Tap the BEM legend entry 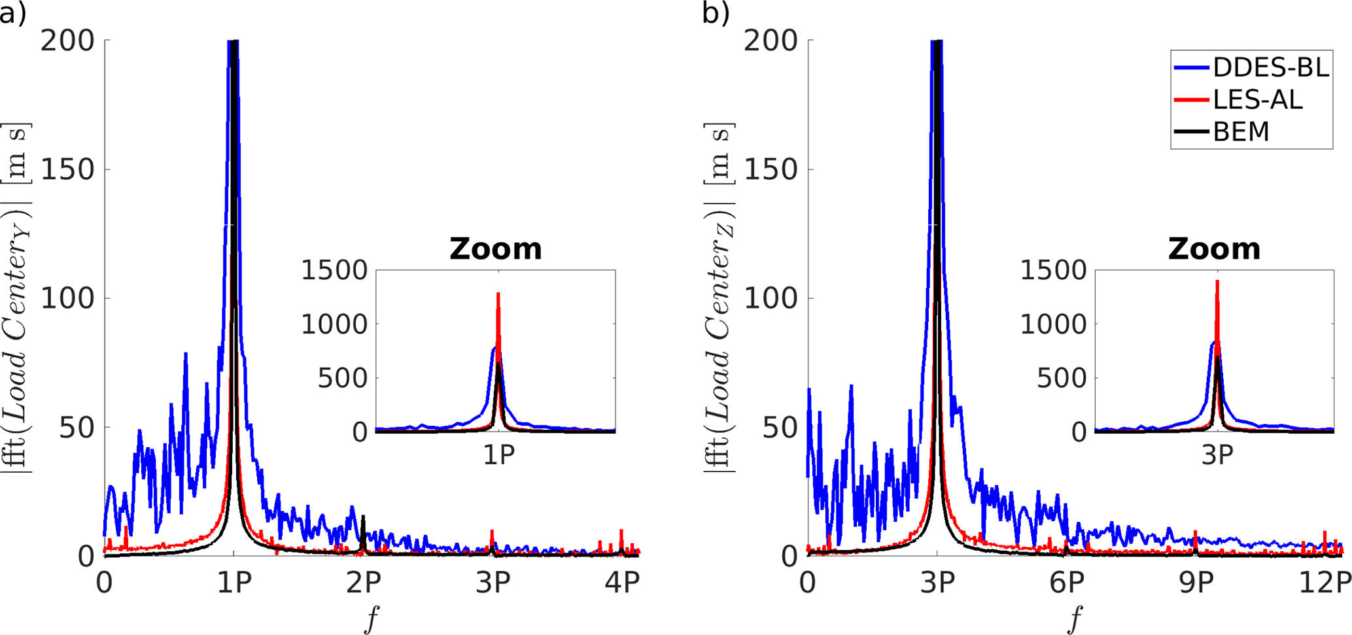pos(1240,131)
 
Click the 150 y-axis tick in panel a pos(67,169)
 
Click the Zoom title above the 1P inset pos(496,249)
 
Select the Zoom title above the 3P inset pos(1215,249)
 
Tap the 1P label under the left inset pos(498,455)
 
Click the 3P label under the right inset pos(1217,455)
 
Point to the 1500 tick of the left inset pos(334,270)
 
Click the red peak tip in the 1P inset pos(498,294)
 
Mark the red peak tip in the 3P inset pos(1217,281)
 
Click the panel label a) pos(13,13)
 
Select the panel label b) pos(716,13)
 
